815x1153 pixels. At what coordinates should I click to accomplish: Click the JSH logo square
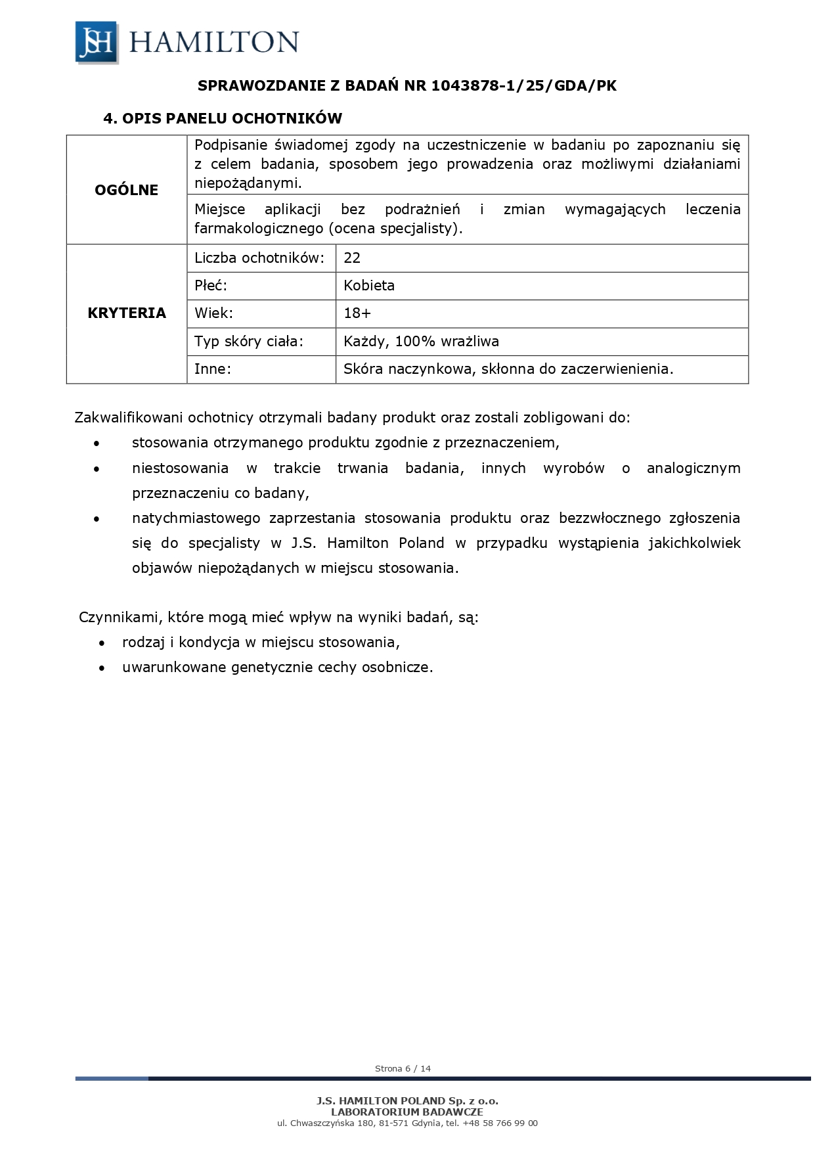[x=97, y=42]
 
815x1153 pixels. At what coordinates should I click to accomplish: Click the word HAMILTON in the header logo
[x=214, y=42]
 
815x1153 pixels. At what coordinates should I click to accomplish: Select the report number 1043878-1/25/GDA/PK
[x=524, y=86]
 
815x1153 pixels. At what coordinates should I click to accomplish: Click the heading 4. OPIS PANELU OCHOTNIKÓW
[x=223, y=119]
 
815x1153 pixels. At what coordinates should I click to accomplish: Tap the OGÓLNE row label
[x=127, y=190]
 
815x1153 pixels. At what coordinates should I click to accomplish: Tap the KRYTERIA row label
[x=127, y=313]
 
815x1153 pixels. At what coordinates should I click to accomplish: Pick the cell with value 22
[x=352, y=258]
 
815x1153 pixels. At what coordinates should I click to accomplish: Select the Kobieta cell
[x=369, y=286]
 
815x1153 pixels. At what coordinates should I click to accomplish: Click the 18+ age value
[x=357, y=313]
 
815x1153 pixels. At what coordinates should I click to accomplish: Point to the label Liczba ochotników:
[x=259, y=258]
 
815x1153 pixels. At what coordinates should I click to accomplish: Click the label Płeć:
[x=211, y=286]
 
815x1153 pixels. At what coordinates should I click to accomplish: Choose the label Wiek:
[x=213, y=313]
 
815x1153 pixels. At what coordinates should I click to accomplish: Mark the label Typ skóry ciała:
[x=249, y=342]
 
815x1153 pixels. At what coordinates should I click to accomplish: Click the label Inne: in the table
[x=213, y=369]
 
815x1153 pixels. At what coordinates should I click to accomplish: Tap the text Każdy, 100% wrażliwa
[x=421, y=342]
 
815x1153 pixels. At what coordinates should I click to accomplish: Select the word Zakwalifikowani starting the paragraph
[x=129, y=418]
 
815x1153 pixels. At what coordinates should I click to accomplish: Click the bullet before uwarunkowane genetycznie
[x=102, y=668]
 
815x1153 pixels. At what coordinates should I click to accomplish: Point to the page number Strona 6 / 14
[x=403, y=1069]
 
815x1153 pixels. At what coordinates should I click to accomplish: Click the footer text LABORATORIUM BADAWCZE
[x=407, y=1112]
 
